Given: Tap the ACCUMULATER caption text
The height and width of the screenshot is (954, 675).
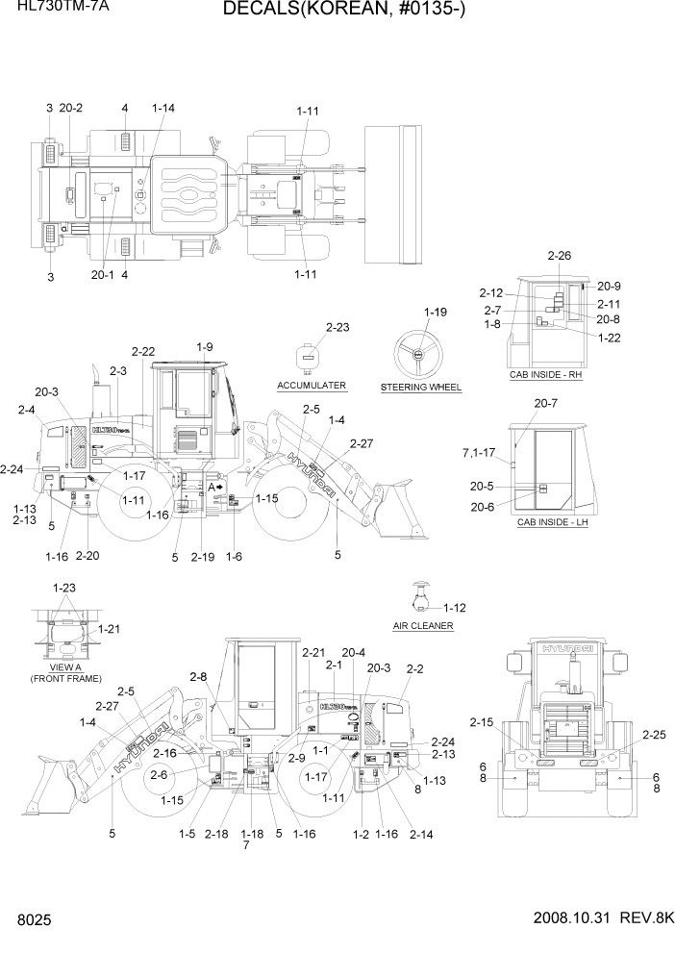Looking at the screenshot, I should [x=311, y=386].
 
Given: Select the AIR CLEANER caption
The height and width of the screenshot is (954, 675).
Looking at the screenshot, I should [x=422, y=626].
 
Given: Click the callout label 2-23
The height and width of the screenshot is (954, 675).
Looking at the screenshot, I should [x=337, y=327].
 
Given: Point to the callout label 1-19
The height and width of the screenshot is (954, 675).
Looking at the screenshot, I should [x=436, y=313].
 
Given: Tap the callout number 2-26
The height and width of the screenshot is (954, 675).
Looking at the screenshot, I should [x=559, y=256].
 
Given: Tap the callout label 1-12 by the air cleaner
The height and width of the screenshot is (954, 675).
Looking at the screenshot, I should [x=454, y=607].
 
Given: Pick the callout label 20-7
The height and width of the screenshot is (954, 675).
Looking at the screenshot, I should [x=546, y=403].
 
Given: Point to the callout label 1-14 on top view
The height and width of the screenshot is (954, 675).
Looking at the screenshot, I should [x=163, y=110].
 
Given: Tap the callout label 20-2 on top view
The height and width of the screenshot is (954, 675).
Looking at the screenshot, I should [x=71, y=110].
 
